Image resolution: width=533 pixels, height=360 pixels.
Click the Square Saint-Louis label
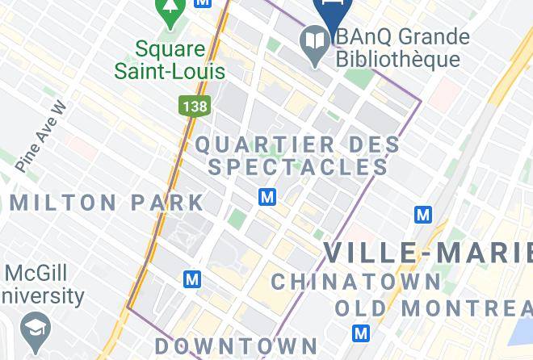click(x=170, y=59)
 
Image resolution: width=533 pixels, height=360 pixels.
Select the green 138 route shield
click(x=191, y=106)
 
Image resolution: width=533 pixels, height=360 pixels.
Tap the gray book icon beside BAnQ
click(x=313, y=38)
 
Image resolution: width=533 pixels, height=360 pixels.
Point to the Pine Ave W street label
click(x=38, y=136)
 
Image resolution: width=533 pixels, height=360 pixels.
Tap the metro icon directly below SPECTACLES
click(x=267, y=197)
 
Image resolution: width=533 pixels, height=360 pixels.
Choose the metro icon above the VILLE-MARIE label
click(x=422, y=215)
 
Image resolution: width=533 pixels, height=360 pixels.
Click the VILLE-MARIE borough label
click(x=428, y=253)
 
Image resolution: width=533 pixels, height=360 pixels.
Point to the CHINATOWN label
click(x=356, y=282)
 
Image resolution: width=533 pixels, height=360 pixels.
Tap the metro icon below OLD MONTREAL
click(x=361, y=333)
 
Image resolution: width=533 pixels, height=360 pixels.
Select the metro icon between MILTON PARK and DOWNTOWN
click(x=191, y=279)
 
